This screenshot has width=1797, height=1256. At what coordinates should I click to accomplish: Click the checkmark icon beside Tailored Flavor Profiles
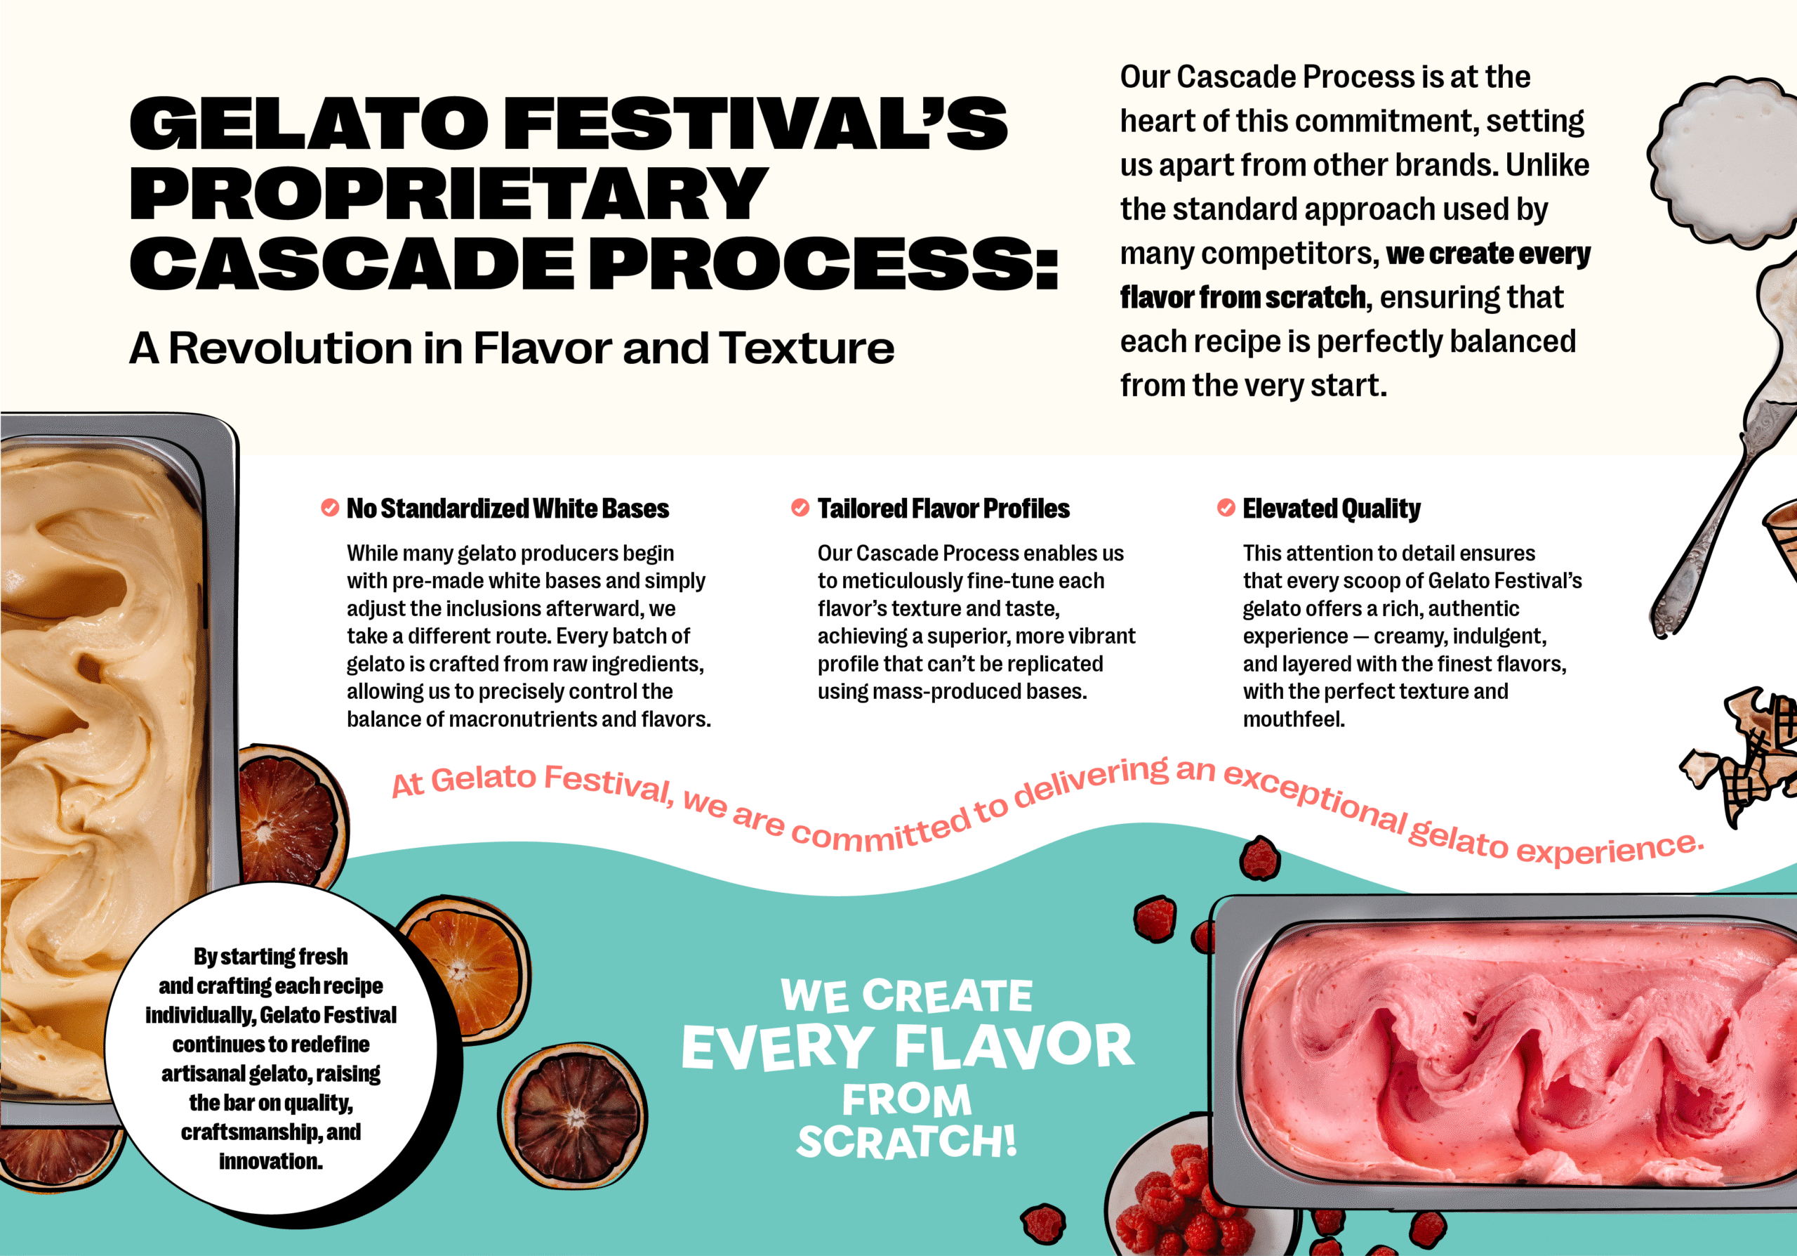[800, 507]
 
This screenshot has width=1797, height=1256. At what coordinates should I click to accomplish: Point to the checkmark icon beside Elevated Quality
[1226, 507]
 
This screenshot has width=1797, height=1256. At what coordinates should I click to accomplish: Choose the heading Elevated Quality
[1332, 509]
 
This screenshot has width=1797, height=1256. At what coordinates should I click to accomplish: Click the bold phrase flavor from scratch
[1244, 298]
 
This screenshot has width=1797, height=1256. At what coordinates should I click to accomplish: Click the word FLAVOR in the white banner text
[1014, 1046]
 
